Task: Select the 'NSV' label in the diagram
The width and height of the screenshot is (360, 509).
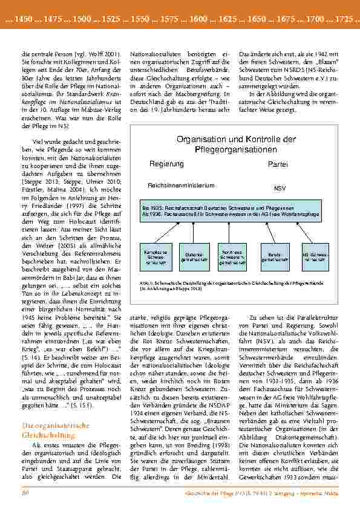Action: point(280,189)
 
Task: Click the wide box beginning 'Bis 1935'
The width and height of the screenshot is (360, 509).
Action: point(231,210)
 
